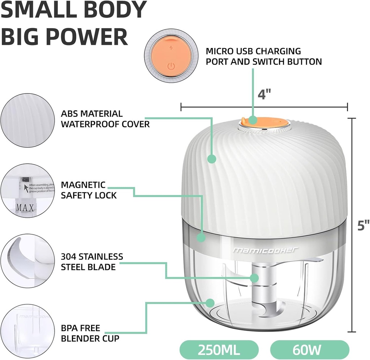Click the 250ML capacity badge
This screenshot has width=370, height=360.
tap(220, 350)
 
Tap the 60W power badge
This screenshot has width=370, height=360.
tap(310, 350)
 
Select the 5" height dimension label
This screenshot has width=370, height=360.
tap(363, 225)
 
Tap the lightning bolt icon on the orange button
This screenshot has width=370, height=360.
tap(171, 48)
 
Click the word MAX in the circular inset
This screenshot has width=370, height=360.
tap(25, 208)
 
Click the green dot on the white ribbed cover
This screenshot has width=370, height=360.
tap(211, 159)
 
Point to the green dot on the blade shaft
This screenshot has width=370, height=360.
tap(255, 278)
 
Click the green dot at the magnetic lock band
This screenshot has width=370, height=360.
tap(201, 237)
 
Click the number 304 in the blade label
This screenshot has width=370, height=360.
tap(69, 257)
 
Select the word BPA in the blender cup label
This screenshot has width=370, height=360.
tap(69, 329)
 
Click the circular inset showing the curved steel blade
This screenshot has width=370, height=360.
tap(27, 260)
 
